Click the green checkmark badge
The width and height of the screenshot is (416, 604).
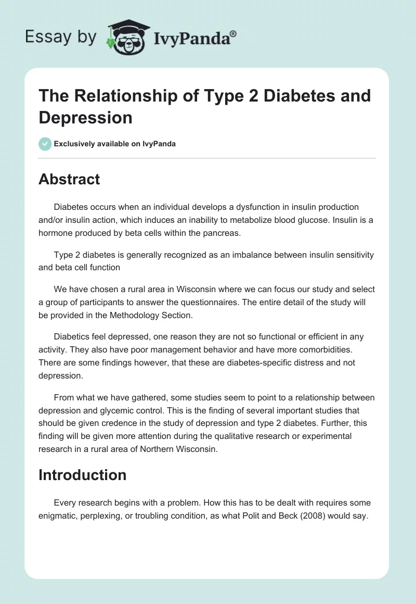(45, 144)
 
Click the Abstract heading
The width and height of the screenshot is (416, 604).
(69, 179)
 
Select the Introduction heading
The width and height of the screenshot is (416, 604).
(82, 475)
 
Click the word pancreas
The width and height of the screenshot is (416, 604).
(223, 233)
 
